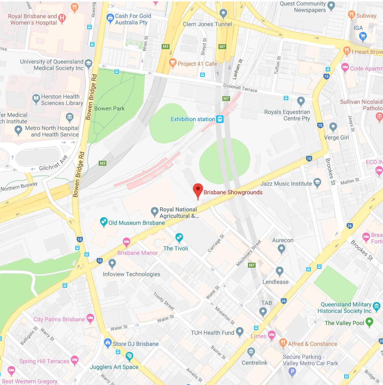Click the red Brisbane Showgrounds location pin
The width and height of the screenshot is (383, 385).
tap(198, 190)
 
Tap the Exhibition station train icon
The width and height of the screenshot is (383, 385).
tap(220, 119)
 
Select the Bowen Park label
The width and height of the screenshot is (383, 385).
tap(109, 109)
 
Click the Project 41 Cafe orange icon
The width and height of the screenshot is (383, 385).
tap(173, 63)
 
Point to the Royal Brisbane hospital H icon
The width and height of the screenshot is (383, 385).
tap(62, 19)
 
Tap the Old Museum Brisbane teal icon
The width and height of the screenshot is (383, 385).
tap(103, 222)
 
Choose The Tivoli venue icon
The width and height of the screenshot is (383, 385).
tap(179, 238)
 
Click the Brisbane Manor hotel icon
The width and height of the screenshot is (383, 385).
tap(127, 242)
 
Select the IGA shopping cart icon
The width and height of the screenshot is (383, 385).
tap(363, 37)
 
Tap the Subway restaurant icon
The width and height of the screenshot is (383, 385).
tap(351, 15)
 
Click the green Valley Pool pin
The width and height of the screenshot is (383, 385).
tap(369, 322)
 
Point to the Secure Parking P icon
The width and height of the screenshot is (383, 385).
tap(292, 372)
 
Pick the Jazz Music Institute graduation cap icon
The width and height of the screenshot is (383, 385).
tap(317, 183)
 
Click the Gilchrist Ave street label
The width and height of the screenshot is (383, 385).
tap(53, 163)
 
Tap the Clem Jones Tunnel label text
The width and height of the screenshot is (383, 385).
tap(207, 24)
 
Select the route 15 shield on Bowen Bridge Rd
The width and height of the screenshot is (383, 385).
tap(80, 239)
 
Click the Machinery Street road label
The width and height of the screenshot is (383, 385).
tap(249, 253)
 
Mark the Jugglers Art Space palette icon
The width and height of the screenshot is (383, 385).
tap(129, 356)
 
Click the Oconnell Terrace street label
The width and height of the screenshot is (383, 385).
tap(240, 88)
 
